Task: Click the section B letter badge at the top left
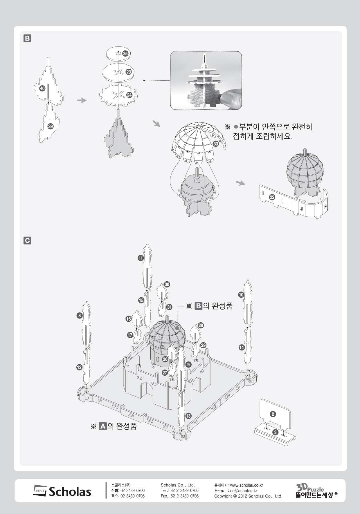pos(27,38)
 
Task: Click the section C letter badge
pos(27,241)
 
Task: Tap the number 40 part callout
pos(42,88)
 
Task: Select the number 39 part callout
pos(51,126)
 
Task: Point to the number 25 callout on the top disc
pos(125,53)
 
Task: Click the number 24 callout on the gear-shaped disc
pos(129,95)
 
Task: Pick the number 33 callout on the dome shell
pos(216,144)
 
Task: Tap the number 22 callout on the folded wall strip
pos(272,197)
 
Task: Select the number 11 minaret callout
pos(141,258)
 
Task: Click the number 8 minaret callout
pos(79,316)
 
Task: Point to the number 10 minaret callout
pos(241,295)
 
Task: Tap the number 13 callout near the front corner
pos(188,416)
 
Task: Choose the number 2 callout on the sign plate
pos(273,414)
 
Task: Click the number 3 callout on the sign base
pos(276,432)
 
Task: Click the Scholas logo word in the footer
pos(70,492)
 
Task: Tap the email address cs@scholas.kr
pos(244,491)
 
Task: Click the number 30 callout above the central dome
pos(167,285)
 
